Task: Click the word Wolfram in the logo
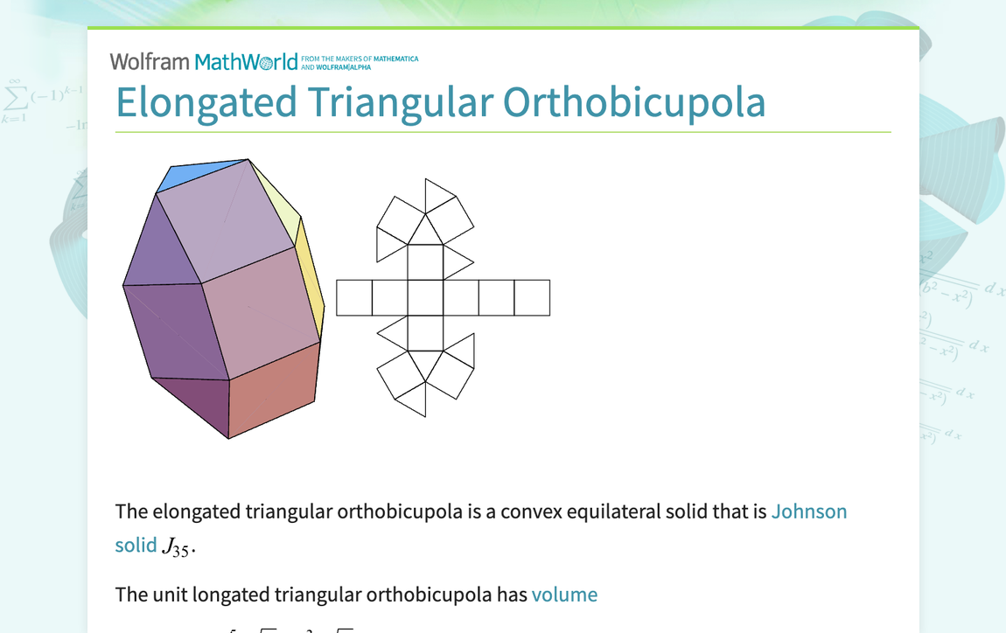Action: tap(149, 62)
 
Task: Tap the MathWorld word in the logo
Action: tap(246, 62)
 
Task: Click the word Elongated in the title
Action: tap(206, 102)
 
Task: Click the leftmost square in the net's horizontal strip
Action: tap(354, 297)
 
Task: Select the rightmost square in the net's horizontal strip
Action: tap(532, 297)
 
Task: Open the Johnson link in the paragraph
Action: tap(808, 511)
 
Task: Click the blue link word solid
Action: tap(136, 545)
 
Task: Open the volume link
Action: tap(564, 595)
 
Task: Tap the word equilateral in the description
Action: tap(620, 511)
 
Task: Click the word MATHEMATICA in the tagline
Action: tap(396, 59)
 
